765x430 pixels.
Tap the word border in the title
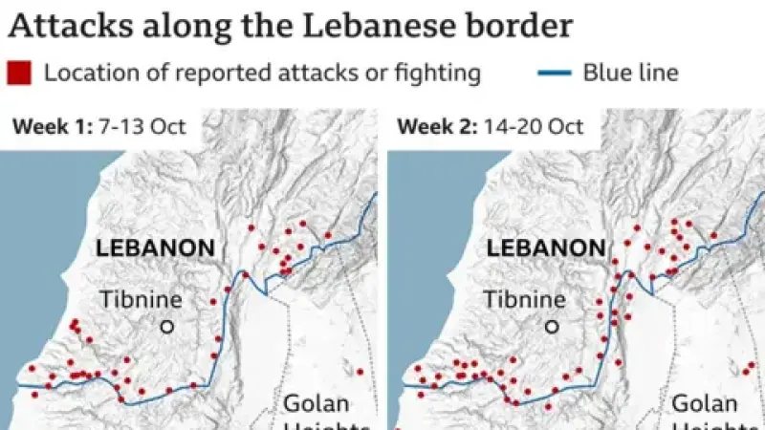pyautogui.click(x=520, y=25)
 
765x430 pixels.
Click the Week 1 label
pyautogui.click(x=47, y=127)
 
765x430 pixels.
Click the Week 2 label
pyautogui.click(x=432, y=127)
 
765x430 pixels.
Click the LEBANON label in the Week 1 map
pyautogui.click(x=155, y=248)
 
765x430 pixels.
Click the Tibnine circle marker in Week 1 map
pyautogui.click(x=167, y=327)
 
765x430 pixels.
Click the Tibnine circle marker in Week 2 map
pyautogui.click(x=552, y=327)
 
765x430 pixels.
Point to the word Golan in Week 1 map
pyautogui.click(x=316, y=403)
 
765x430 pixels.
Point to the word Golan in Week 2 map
pyautogui.click(x=704, y=403)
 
